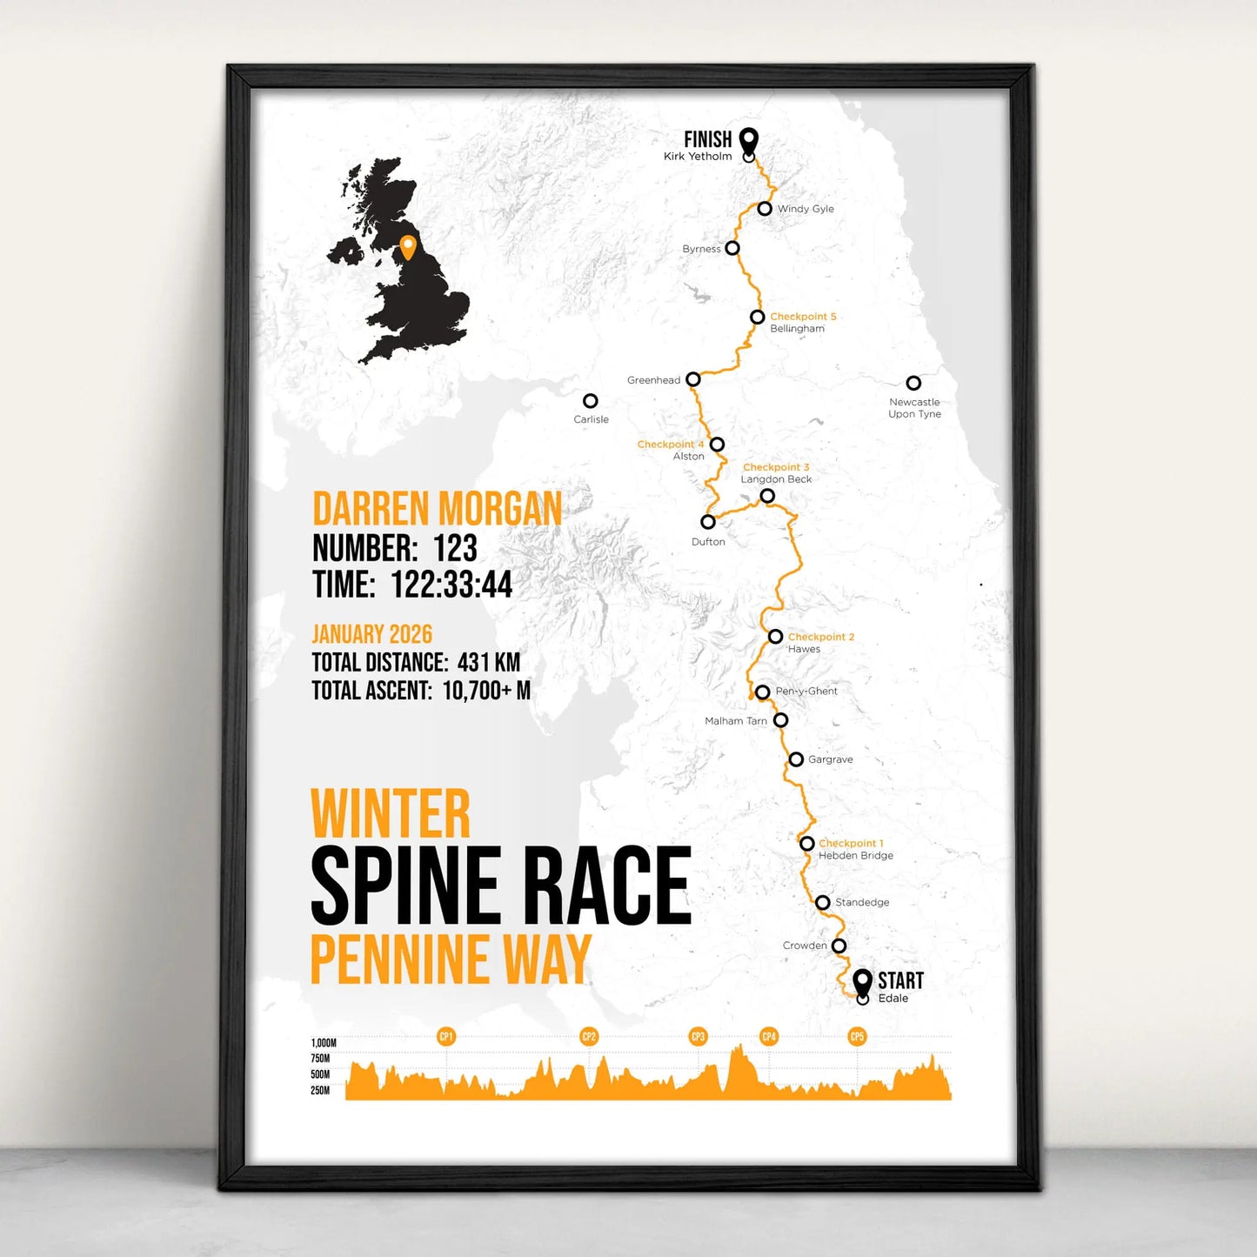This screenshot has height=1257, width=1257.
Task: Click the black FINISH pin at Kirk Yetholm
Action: click(748, 140)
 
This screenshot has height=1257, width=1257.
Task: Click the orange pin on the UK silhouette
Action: click(407, 246)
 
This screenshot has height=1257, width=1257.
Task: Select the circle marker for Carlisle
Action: click(591, 401)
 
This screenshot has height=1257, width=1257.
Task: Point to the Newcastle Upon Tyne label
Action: click(914, 408)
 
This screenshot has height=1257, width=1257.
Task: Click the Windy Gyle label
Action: click(806, 209)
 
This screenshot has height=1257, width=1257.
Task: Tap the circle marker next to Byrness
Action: click(732, 248)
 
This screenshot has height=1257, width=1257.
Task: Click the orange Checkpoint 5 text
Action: click(803, 317)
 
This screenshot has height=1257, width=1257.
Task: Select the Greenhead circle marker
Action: click(693, 379)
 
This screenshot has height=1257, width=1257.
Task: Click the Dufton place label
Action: click(708, 542)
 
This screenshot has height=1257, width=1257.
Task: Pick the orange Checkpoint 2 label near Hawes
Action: click(821, 637)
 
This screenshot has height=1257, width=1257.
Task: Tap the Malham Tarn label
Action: click(736, 721)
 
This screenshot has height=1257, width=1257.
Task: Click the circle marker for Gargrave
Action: click(796, 759)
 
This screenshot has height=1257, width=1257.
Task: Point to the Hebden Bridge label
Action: click(856, 856)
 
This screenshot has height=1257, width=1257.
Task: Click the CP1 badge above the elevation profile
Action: click(446, 1036)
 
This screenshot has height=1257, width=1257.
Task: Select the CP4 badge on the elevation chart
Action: click(769, 1036)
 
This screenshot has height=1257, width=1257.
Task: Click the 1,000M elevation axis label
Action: click(324, 1043)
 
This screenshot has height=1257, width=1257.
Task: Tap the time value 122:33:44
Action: click(451, 585)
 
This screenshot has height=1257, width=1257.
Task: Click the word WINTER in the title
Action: click(391, 814)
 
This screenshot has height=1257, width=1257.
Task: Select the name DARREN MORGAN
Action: click(437, 509)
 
